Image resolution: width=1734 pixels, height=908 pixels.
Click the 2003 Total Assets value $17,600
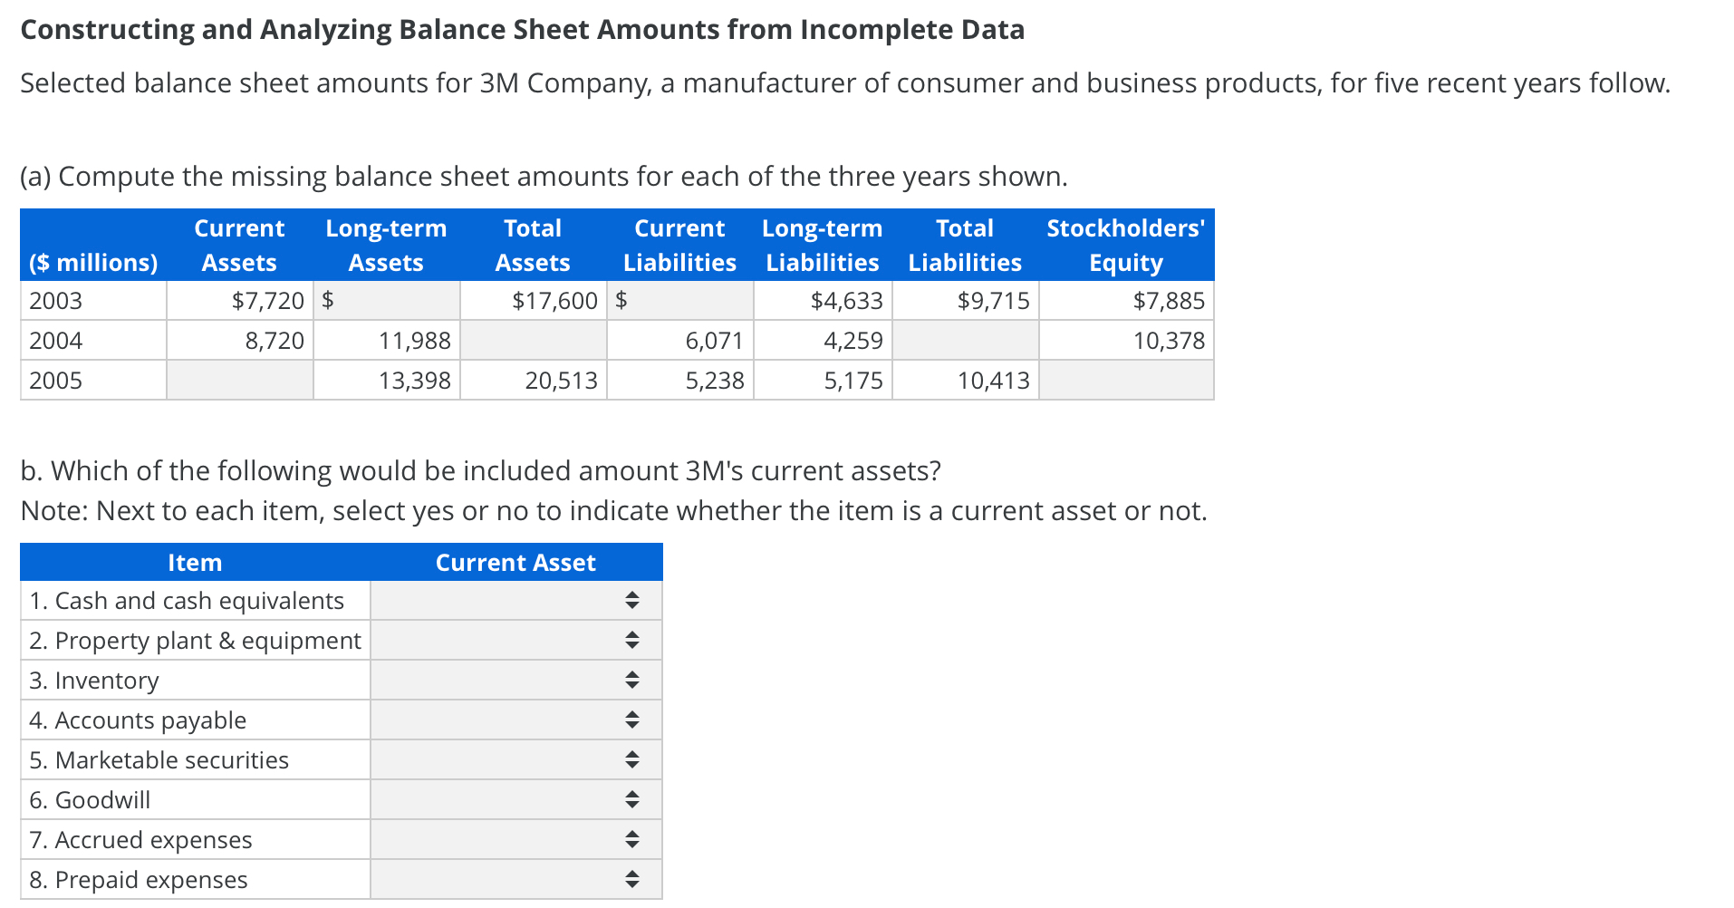(x=554, y=301)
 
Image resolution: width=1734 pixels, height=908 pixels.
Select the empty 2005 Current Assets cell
(x=240, y=381)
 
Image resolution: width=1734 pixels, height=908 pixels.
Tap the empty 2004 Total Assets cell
(x=534, y=341)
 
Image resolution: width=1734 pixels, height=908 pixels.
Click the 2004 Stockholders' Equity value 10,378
(x=1168, y=341)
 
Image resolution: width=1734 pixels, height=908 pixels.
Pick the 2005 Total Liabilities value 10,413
(x=993, y=381)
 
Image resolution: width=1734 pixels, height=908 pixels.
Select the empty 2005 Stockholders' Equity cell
(x=1126, y=381)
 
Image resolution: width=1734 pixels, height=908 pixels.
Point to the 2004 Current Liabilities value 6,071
(x=714, y=341)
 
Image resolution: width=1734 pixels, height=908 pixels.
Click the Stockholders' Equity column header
(x=1125, y=245)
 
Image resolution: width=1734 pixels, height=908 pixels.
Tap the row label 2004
(x=56, y=341)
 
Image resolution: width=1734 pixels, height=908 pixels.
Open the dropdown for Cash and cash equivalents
(x=515, y=600)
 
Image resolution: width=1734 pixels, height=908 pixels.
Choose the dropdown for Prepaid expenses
(x=515, y=879)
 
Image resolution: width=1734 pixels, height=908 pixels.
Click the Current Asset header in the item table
(x=515, y=563)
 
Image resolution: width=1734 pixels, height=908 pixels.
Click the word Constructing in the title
(x=107, y=30)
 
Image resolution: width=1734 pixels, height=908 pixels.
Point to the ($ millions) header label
(x=93, y=263)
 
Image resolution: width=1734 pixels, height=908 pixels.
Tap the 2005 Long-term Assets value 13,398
(x=414, y=381)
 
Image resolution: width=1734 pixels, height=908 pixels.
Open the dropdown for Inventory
(x=515, y=680)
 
